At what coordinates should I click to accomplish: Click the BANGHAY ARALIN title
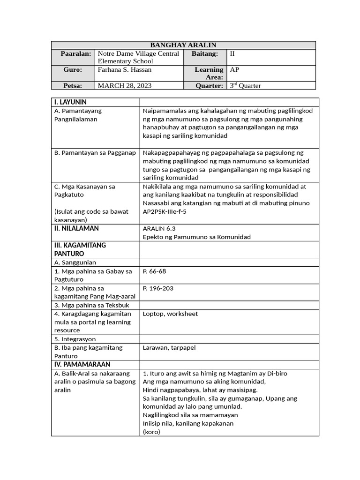coord(183,45)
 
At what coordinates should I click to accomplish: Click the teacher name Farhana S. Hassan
coord(124,69)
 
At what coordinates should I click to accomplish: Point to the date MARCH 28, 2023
coord(124,86)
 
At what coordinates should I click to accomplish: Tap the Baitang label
coord(207,54)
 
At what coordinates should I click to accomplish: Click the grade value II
coord(232,54)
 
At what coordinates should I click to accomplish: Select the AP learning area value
coord(234,69)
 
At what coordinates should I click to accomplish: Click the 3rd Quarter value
coord(245,86)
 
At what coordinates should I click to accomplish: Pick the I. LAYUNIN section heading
coord(70,102)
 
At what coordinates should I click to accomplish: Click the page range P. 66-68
coord(154,271)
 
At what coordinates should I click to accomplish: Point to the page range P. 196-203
coord(158,288)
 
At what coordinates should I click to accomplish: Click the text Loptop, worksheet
coord(170,314)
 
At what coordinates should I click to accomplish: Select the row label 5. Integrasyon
coord(75,339)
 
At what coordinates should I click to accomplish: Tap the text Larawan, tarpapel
coord(169,347)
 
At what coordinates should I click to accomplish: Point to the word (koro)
coord(151,432)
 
